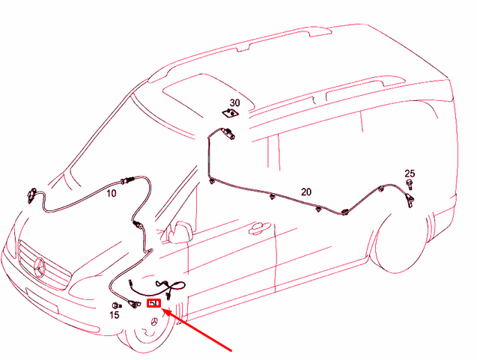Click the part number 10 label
tap(111, 193)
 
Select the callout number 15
tap(115, 316)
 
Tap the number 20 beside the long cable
tap(306, 192)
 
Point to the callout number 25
tap(410, 173)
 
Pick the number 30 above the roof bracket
tap(234, 103)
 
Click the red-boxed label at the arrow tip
tap(155, 303)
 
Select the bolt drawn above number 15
tap(116, 305)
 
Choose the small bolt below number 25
tap(410, 183)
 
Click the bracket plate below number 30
tap(231, 113)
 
